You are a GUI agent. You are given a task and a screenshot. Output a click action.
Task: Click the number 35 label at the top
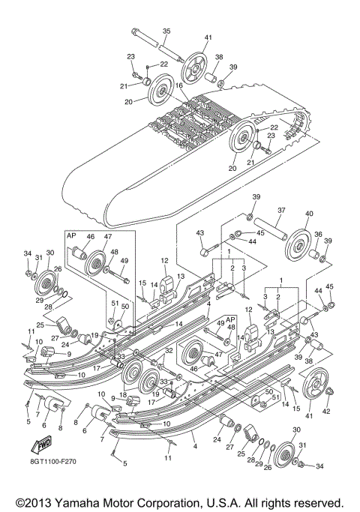click(166, 31)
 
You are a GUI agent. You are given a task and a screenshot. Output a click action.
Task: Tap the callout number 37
click(282, 211)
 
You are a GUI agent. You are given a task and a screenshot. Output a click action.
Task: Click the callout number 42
click(326, 410)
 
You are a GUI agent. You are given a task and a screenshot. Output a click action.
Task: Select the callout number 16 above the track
click(179, 86)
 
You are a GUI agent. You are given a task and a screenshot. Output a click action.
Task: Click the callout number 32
click(169, 350)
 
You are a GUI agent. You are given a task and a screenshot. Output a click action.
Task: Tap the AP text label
click(72, 235)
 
